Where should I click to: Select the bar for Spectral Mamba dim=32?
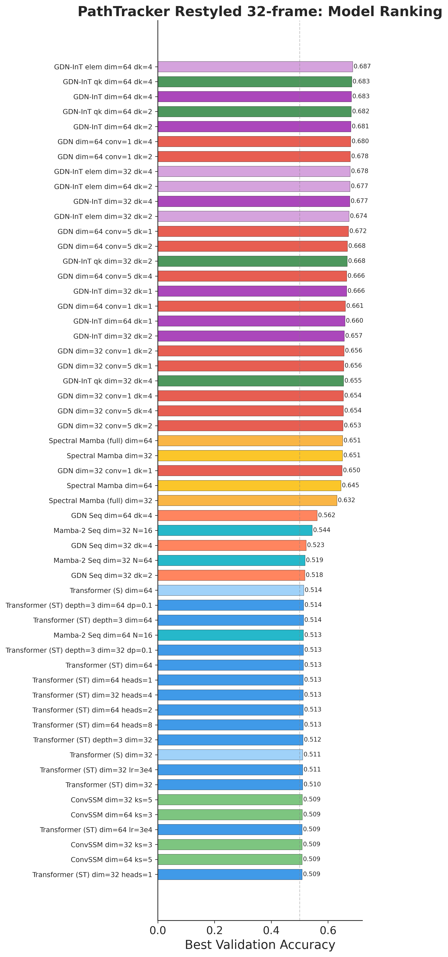(x=250, y=455)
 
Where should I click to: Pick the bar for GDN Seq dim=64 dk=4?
(x=237, y=515)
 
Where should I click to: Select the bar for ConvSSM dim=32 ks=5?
(x=230, y=800)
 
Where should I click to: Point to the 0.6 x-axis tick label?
(x=328, y=931)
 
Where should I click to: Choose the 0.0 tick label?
(x=158, y=931)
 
